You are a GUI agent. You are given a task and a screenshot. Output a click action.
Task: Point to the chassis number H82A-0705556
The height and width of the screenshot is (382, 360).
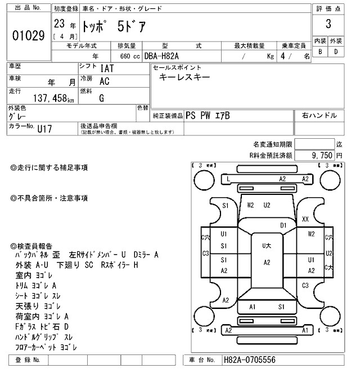[x=249, y=360]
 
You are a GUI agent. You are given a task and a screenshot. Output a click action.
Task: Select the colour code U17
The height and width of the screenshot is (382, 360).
[x=46, y=128]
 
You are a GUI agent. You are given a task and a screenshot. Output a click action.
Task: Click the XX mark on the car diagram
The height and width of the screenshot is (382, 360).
[x=305, y=219]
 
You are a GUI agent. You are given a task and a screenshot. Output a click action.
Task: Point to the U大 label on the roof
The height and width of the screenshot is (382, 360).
[x=267, y=245]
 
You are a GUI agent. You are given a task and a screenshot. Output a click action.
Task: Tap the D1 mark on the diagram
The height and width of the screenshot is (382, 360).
[x=283, y=225]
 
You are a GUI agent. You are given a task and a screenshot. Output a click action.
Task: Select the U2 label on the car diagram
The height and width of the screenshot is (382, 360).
[x=267, y=206]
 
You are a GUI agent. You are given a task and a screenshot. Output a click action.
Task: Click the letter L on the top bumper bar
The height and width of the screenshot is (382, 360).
[x=228, y=179]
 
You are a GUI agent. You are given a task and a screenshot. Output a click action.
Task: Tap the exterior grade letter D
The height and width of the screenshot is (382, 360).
[x=336, y=52]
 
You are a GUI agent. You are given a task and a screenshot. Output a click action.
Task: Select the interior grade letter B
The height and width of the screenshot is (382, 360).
[x=320, y=52]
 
